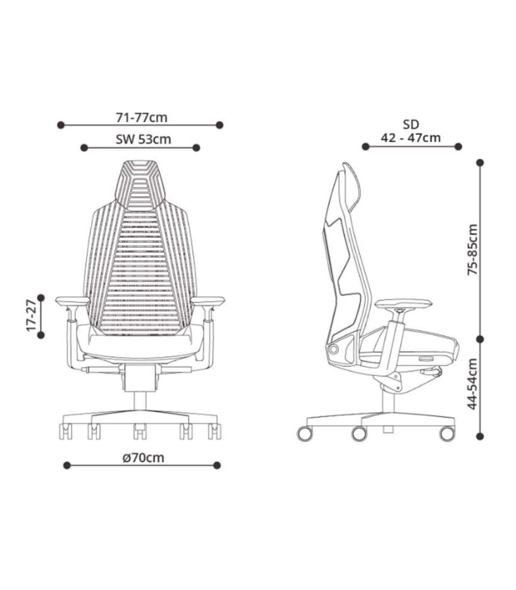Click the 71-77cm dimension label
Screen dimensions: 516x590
[x=141, y=118]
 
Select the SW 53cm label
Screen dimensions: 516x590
[x=143, y=140]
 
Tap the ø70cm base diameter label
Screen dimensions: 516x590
[x=143, y=458]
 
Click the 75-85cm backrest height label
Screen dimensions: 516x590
[x=473, y=250]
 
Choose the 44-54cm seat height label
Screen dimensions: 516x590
[x=473, y=384]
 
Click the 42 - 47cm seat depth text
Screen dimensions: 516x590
[x=411, y=138]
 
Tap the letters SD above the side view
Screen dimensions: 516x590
[x=411, y=125]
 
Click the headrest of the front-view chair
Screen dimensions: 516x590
[x=140, y=184]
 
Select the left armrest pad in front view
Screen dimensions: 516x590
[x=73, y=301]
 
